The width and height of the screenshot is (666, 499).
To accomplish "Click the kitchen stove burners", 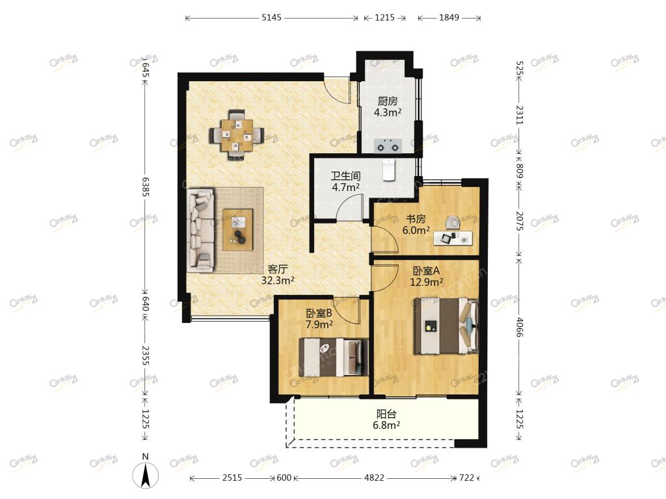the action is pyautogui.click(x=388, y=146).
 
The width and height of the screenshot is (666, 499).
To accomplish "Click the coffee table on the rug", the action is pyautogui.click(x=238, y=229).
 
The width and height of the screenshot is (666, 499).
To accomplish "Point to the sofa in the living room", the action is pyautogui.click(x=200, y=230).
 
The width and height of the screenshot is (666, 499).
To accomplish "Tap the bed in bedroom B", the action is pyautogui.click(x=333, y=357).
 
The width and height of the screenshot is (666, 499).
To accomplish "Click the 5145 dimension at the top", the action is pyautogui.click(x=271, y=18).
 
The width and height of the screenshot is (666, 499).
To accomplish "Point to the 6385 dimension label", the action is pyautogui.click(x=145, y=187).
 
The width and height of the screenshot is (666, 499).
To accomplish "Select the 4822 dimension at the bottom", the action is pyautogui.click(x=374, y=478).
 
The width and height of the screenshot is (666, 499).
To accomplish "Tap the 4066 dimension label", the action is pyautogui.click(x=519, y=326).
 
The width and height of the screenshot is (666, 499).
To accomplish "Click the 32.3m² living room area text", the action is pyautogui.click(x=278, y=281).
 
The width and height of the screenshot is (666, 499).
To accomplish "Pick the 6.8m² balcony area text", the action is pyautogui.click(x=386, y=425).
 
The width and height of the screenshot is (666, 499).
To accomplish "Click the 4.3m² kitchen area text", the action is pyautogui.click(x=388, y=112).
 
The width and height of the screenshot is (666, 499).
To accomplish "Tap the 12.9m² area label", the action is pyautogui.click(x=427, y=281).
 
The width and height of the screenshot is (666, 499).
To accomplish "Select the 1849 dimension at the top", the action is pyautogui.click(x=449, y=18).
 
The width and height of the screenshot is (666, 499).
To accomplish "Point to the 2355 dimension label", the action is pyautogui.click(x=145, y=355).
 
